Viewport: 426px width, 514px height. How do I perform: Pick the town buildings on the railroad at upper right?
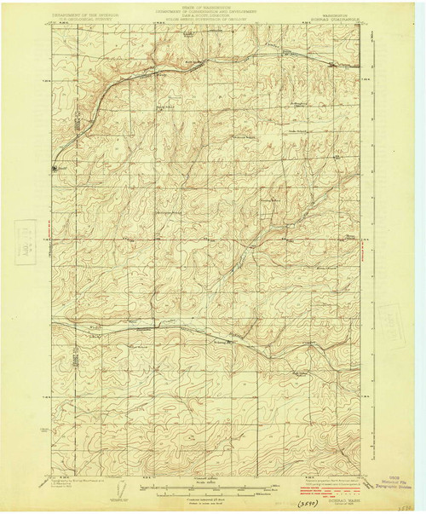tap(333, 64)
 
